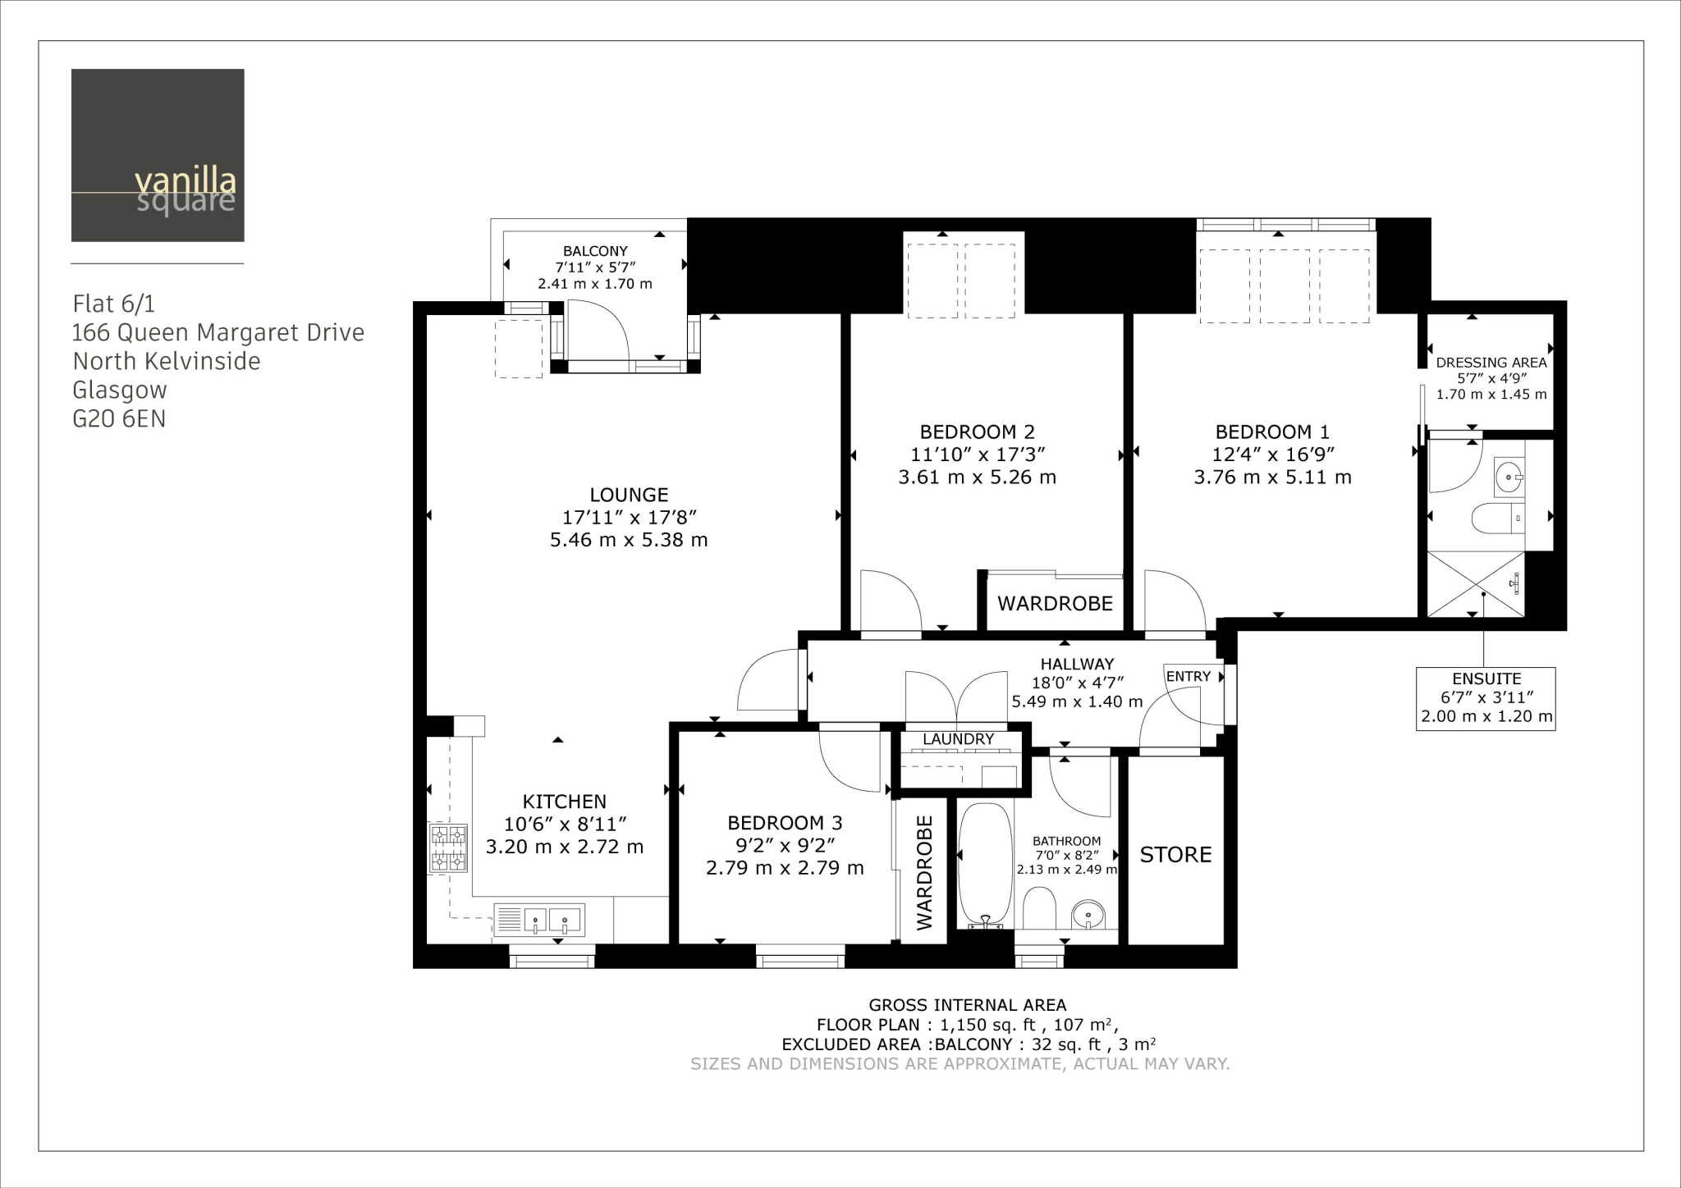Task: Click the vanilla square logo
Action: (x=158, y=155)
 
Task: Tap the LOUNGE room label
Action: (x=629, y=495)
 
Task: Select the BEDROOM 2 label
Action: (x=977, y=432)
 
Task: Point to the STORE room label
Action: (x=1175, y=855)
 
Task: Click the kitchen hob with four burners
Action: (x=448, y=848)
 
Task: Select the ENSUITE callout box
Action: (x=1486, y=698)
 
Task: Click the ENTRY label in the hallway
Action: (x=1188, y=676)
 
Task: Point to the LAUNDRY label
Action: (x=958, y=739)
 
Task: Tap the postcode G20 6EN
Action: (x=119, y=419)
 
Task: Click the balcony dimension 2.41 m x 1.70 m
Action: (x=595, y=284)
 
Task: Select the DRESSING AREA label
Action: (x=1491, y=362)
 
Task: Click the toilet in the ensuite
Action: (x=1492, y=519)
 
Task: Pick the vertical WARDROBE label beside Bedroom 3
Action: (x=924, y=872)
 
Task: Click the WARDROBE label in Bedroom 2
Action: (x=1055, y=604)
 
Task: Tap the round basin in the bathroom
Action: (x=1088, y=912)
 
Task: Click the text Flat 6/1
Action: (x=113, y=304)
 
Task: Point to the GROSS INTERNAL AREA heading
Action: (x=967, y=1005)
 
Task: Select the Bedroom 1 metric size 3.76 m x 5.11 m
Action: (x=1272, y=477)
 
